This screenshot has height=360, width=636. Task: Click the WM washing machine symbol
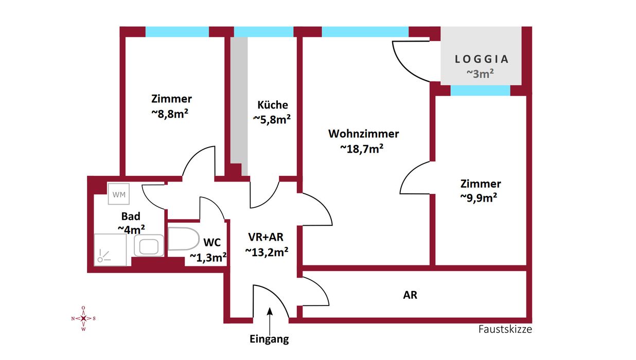pos(119,194)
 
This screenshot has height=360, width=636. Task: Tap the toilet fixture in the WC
pos(184,239)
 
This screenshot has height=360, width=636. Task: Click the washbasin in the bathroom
pos(149,245)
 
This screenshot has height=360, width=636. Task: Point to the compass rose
pos(83,318)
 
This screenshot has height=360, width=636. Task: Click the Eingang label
pos(269,339)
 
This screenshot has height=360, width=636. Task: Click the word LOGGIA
pos(482,59)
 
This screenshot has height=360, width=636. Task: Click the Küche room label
pos(273,105)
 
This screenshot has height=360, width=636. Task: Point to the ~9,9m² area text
pos(481,198)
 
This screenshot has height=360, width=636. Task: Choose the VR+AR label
pos(266,237)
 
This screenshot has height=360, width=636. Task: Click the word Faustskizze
pos(505,329)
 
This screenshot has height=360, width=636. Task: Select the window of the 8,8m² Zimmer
pos(177,32)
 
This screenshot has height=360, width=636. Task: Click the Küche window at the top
pos(264,32)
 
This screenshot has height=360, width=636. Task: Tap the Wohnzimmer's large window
pos(365,32)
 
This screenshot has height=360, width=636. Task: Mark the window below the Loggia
pos(480,91)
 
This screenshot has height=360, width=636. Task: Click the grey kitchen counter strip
pos(238,103)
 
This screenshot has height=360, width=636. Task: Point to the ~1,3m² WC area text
pos(208,258)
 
